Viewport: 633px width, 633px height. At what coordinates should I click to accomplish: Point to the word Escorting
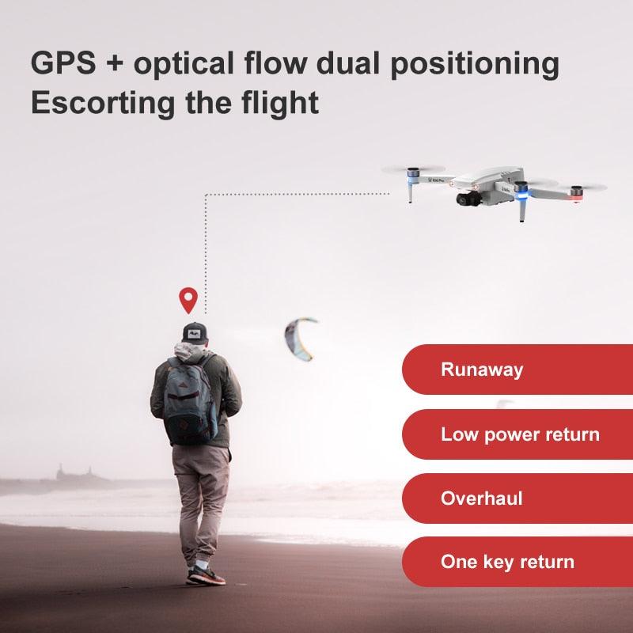[99, 103]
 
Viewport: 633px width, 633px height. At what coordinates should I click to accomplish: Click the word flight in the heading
[279, 103]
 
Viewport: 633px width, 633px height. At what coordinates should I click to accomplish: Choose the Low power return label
[519, 434]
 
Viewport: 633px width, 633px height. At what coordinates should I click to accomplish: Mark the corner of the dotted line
[206, 193]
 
